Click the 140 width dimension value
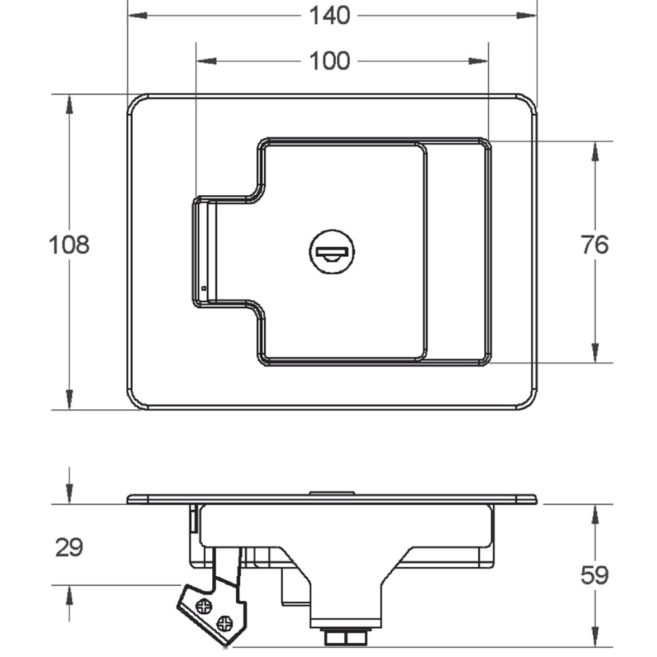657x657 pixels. click(330, 15)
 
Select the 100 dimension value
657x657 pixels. click(330, 61)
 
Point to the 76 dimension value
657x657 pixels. click(595, 245)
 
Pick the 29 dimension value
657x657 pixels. click(69, 547)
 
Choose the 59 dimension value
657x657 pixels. click(595, 576)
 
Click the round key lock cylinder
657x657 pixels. click(330, 250)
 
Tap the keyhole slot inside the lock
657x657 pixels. click(332, 252)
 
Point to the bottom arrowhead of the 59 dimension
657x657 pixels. click(595, 637)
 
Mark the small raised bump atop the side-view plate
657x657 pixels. click(332, 492)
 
